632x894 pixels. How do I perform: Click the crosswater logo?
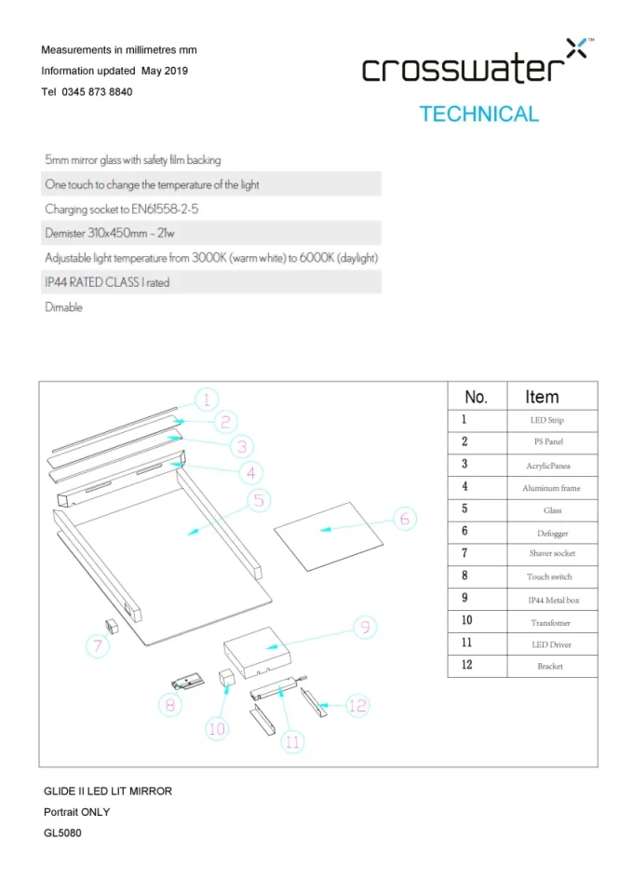point(474,65)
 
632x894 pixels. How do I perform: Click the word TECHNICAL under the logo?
point(478,115)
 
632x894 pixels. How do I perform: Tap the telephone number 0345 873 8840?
point(97,92)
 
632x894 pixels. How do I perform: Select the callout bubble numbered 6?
point(404,519)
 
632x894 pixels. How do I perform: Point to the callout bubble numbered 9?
point(366,628)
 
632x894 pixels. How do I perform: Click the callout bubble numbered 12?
point(358,705)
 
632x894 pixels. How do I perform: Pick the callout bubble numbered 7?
point(97,644)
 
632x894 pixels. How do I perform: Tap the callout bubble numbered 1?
point(207,400)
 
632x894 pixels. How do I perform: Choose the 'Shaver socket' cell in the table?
point(552,554)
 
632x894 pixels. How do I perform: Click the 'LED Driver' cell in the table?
point(552,644)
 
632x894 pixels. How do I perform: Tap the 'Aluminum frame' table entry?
point(552,488)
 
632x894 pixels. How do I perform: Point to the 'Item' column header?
point(542,397)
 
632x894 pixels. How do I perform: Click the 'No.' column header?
point(476,397)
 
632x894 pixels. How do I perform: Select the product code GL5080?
point(63,833)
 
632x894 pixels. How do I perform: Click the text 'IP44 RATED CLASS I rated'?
point(107,282)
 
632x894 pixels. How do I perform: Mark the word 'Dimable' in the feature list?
point(63,307)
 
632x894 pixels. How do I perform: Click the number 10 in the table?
point(466,620)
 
